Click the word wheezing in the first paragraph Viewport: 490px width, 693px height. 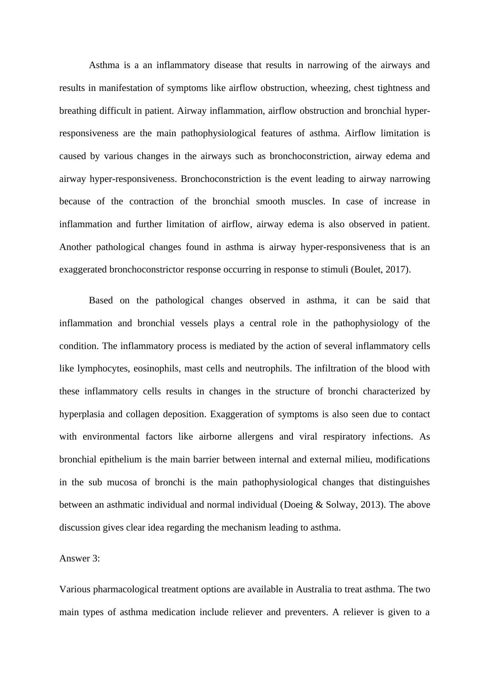330,88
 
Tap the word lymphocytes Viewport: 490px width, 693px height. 103,368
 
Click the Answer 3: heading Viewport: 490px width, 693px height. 80,558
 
